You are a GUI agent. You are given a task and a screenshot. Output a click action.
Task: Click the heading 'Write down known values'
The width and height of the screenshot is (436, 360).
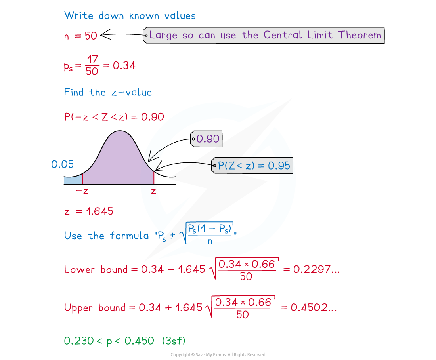click(130, 16)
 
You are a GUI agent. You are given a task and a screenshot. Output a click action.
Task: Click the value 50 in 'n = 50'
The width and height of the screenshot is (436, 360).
click(91, 36)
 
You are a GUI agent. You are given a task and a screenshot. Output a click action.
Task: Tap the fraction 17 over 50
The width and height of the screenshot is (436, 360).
click(92, 66)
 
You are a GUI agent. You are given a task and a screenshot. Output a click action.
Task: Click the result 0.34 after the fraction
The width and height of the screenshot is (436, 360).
click(124, 66)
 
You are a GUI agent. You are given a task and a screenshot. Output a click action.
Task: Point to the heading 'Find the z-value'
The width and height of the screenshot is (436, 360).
click(108, 93)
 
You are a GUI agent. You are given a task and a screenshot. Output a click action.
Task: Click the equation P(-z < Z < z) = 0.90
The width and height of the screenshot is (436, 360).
click(114, 117)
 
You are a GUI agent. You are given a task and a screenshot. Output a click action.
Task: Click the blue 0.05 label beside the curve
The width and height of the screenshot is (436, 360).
click(62, 164)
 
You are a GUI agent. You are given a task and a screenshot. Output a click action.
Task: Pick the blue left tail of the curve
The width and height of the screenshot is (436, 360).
click(73, 180)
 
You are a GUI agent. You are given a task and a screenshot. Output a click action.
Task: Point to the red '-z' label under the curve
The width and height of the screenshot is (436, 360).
click(81, 191)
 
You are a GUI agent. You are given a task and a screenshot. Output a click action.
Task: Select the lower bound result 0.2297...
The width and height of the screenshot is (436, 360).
click(316, 270)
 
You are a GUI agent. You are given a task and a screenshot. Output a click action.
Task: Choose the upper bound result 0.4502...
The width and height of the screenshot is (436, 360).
click(314, 308)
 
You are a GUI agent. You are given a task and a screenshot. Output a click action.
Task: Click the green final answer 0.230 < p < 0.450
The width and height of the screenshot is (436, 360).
click(109, 341)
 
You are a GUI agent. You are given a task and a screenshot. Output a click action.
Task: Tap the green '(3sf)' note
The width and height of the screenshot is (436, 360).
click(174, 341)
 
